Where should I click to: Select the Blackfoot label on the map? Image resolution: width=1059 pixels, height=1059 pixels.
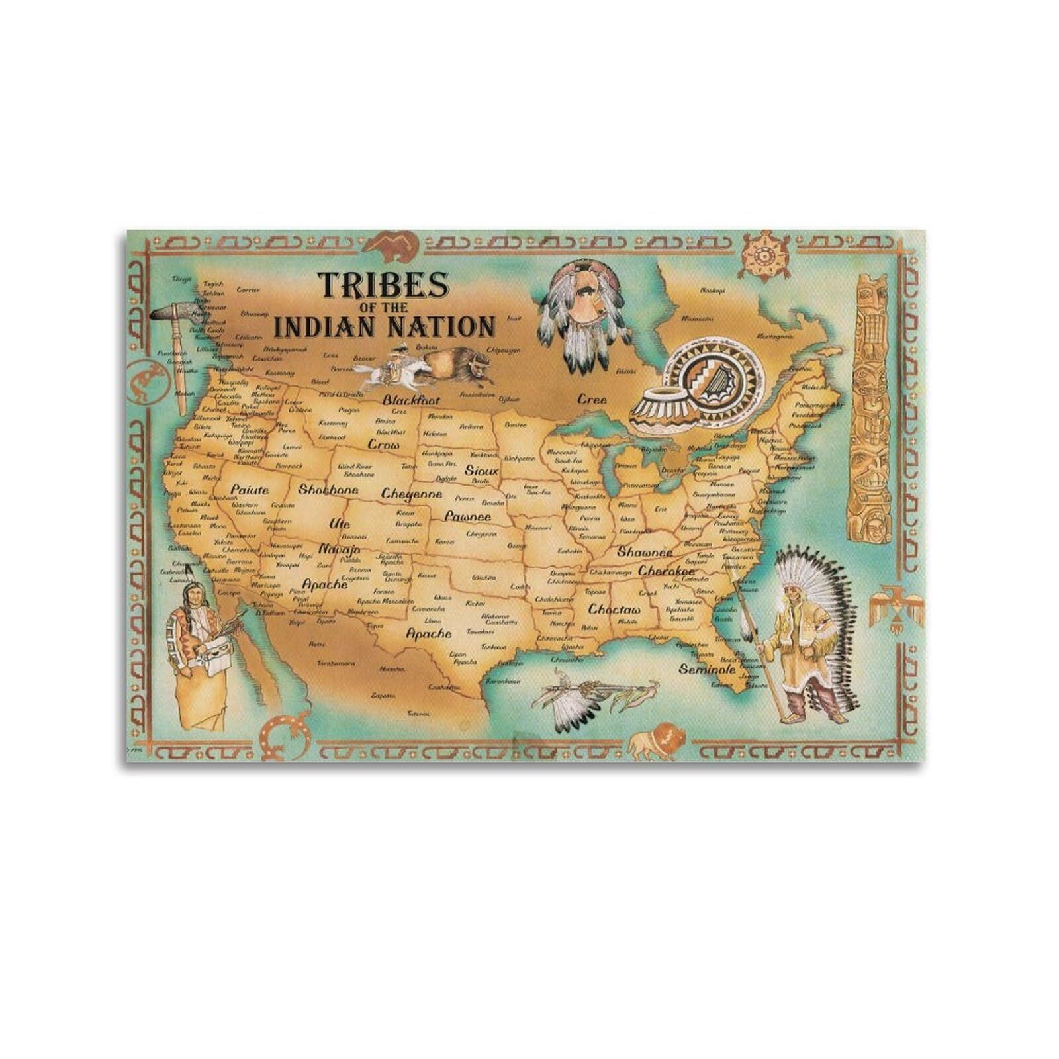[411, 400]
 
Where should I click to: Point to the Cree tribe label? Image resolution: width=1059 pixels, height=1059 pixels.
[592, 399]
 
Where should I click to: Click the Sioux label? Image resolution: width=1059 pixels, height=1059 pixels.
[481, 471]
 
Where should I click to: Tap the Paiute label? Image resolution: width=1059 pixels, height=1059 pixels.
[250, 490]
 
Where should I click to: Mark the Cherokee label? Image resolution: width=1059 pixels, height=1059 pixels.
[667, 570]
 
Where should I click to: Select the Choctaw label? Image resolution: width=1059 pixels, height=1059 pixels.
[615, 609]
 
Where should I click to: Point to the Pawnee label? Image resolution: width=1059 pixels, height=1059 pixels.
[468, 516]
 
